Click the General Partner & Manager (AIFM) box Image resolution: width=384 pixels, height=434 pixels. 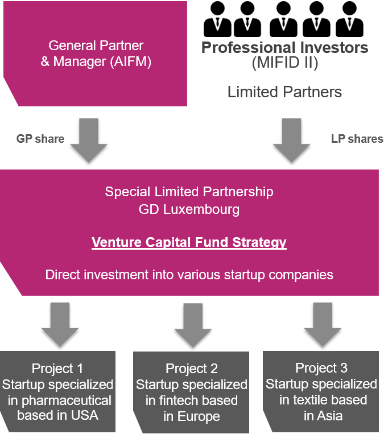click(x=96, y=53)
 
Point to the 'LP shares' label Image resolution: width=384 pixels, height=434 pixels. click(x=357, y=139)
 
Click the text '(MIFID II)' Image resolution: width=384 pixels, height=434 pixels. click(x=284, y=63)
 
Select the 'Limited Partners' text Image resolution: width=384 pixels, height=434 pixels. click(x=284, y=92)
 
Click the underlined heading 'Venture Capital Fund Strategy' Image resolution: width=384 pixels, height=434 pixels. click(x=189, y=242)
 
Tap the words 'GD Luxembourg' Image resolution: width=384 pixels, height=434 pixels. click(x=189, y=209)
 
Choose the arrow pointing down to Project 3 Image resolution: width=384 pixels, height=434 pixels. click(x=321, y=323)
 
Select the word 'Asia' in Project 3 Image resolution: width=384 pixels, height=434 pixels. click(x=331, y=416)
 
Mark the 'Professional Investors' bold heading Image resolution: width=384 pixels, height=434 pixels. click(x=284, y=47)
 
